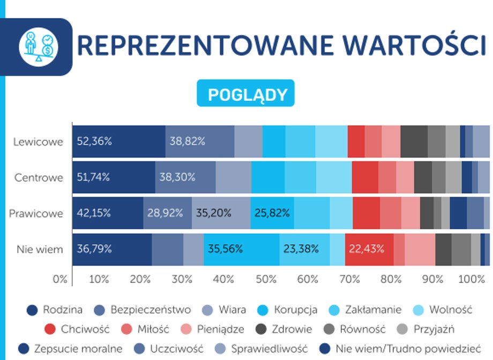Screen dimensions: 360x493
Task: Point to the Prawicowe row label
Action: point(36,213)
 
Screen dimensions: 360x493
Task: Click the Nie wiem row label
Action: point(40,249)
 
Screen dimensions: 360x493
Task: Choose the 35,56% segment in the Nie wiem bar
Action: point(241,249)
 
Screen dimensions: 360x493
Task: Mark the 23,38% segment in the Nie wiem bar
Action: point(304,249)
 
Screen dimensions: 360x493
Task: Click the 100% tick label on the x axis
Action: point(472,279)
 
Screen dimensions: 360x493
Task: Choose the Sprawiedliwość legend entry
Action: point(260,349)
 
